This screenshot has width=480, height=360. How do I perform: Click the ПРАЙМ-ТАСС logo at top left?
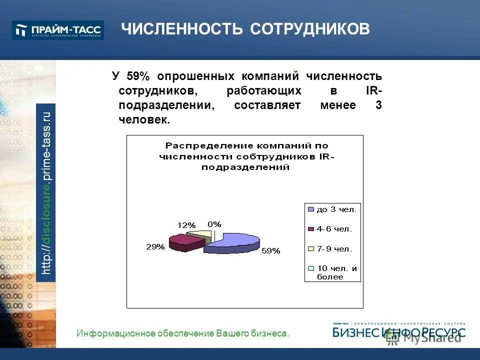tap(58, 30)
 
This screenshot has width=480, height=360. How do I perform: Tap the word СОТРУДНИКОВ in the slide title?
tap(310, 29)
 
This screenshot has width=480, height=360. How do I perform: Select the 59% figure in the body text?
tap(138, 76)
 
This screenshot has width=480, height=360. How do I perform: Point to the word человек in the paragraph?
tap(144, 120)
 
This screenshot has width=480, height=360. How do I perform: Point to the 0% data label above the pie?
tap(214, 224)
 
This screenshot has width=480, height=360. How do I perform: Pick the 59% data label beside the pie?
tap(270, 251)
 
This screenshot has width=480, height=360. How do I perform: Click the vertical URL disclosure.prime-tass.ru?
tap(46, 192)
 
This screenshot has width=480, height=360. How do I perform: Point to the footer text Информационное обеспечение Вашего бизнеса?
tap(183, 333)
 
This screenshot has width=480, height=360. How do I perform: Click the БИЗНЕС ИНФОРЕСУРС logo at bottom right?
tap(398, 331)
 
